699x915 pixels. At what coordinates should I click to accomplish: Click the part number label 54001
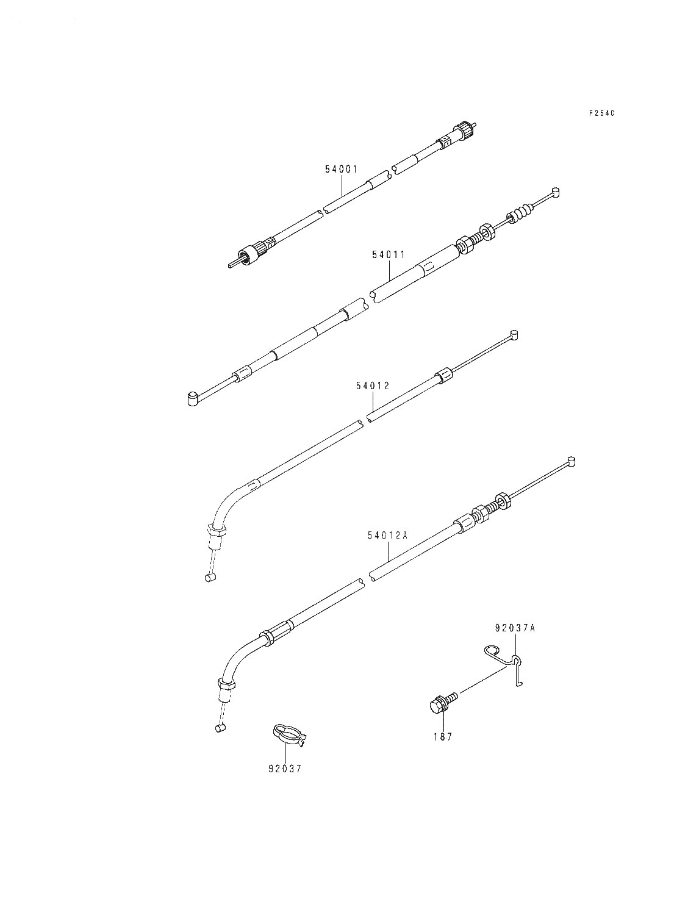tap(342, 169)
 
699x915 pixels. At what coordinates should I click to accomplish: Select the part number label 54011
tap(389, 255)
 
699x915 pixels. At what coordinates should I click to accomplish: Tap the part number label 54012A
tap(387, 536)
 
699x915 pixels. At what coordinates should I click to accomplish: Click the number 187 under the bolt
tap(443, 737)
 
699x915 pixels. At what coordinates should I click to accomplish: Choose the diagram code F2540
tap(602, 113)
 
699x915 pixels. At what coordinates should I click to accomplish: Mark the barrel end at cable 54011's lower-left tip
tap(193, 398)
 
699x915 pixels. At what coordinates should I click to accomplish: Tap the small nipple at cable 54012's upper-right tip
tap(514, 335)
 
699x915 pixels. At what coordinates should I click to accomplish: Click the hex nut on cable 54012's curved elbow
tap(216, 531)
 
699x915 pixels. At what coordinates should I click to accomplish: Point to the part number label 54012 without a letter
tap(373, 386)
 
